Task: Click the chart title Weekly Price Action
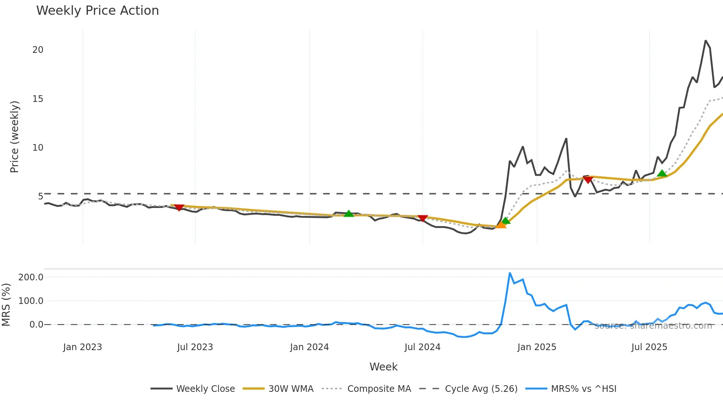coord(97,11)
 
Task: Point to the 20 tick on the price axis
coord(38,50)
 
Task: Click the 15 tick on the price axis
coord(38,99)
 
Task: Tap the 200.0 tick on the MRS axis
coord(31,277)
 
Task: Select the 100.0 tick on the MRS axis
coord(31,301)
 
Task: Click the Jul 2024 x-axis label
coord(422,347)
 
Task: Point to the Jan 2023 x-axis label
coord(82,347)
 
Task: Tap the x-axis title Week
coord(383,367)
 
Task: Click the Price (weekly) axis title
coord(14,137)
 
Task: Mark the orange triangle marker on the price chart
coord(501,225)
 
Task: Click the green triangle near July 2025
coord(662,174)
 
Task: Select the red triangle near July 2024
coord(423,218)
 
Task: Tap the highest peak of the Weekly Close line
coord(705,41)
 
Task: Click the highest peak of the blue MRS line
coord(510,273)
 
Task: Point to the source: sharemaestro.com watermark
coord(653,326)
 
